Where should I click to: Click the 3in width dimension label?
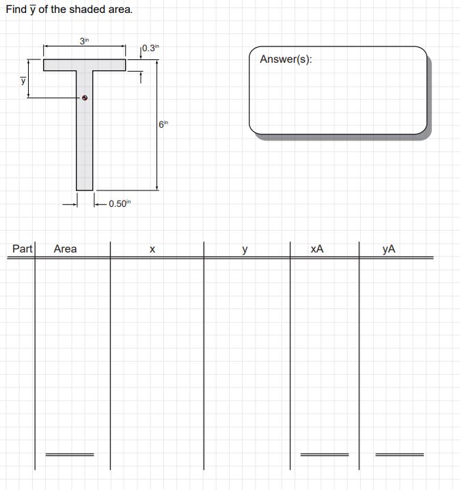coord(84,41)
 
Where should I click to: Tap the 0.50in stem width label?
coord(119,203)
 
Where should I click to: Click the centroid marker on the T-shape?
coord(85,98)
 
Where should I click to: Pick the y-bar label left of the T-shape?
coord(23,80)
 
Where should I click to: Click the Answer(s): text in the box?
coord(286,59)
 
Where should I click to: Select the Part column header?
coord(23,248)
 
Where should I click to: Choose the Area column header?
coord(66,248)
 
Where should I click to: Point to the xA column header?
coord(316,249)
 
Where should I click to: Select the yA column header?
coord(388,249)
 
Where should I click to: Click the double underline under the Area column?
coord(69,454)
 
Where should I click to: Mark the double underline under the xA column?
coord(324,454)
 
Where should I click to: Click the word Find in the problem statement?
coord(16,10)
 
